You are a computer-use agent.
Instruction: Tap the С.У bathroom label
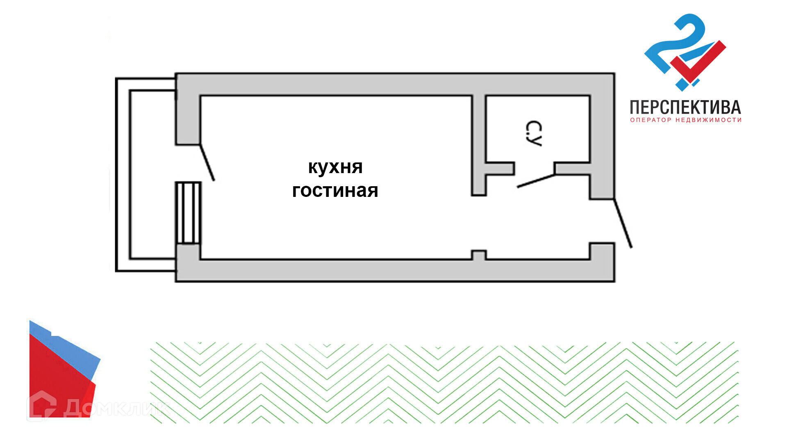pyautogui.click(x=533, y=134)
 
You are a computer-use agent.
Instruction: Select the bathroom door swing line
pyautogui.click(x=536, y=181)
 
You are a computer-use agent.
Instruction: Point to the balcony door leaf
pyautogui.click(x=207, y=162)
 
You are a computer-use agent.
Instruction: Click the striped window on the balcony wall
pyautogui.click(x=188, y=213)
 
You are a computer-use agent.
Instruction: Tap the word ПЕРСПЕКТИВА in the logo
pyautogui.click(x=685, y=107)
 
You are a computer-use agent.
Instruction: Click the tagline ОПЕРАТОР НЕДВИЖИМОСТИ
pyautogui.click(x=685, y=120)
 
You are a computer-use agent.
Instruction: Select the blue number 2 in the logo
pyautogui.click(x=676, y=45)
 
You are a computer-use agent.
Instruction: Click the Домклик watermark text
pyautogui.click(x=117, y=408)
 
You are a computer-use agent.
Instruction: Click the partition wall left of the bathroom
pyautogui.click(x=479, y=144)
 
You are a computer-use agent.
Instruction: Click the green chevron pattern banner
pyautogui.click(x=444, y=383)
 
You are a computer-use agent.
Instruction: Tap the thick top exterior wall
pyautogui.click(x=393, y=84)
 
